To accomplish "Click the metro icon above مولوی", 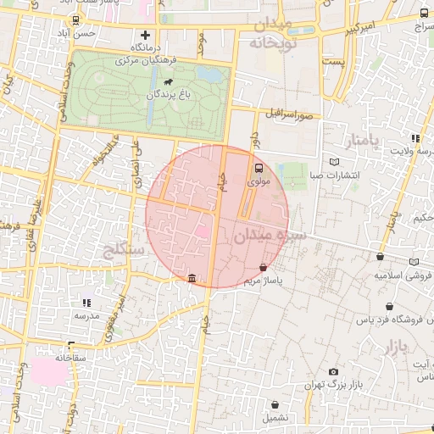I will [259, 168].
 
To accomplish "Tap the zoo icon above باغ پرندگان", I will [165, 84].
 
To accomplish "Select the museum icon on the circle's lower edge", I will [192, 278].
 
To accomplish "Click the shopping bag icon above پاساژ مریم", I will [264, 268].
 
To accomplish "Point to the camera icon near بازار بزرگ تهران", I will [333, 371].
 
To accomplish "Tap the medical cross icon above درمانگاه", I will [146, 36].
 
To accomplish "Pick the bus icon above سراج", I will [424, 14].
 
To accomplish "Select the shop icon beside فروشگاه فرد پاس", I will [389, 307].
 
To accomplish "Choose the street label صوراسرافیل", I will [288, 112].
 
